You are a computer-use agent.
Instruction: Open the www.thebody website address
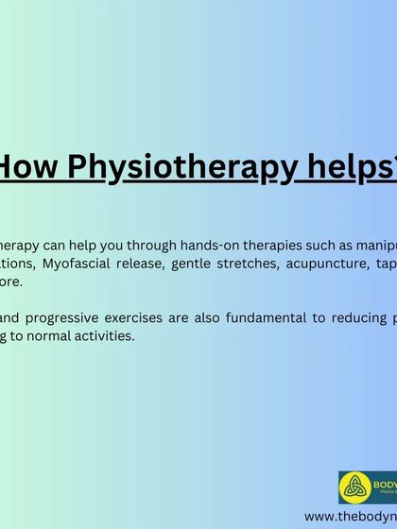351,517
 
